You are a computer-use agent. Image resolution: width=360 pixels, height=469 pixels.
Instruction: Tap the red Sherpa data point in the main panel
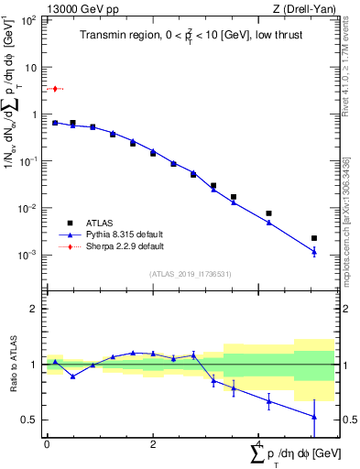tap(55, 89)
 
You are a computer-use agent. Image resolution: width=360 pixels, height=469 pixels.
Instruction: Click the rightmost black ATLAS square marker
tap(314, 238)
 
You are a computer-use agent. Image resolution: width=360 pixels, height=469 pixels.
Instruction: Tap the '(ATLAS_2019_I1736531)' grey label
tap(190, 274)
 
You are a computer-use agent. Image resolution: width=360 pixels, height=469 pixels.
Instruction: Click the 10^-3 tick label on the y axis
tap(30, 255)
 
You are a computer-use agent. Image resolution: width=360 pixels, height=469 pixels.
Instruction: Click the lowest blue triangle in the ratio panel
tap(314, 417)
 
